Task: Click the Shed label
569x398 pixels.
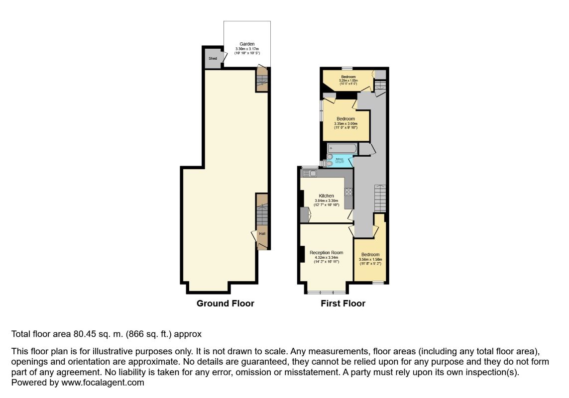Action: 213,59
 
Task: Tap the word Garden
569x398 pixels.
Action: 247,44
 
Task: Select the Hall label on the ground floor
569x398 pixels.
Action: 262,233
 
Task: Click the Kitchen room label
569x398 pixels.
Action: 327,196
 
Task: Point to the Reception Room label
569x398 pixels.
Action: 326,253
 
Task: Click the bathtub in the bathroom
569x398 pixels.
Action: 342,148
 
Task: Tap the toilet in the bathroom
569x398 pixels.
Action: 329,163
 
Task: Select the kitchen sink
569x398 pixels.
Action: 310,173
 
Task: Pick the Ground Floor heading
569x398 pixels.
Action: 225,303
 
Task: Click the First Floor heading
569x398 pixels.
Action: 343,303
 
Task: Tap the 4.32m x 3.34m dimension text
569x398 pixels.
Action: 326,258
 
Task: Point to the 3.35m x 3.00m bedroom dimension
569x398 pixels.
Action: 345,124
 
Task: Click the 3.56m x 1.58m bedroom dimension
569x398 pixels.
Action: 370,259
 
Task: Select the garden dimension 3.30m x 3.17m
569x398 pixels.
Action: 247,49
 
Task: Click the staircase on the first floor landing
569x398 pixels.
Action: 380,198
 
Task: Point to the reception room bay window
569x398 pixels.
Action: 326,291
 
